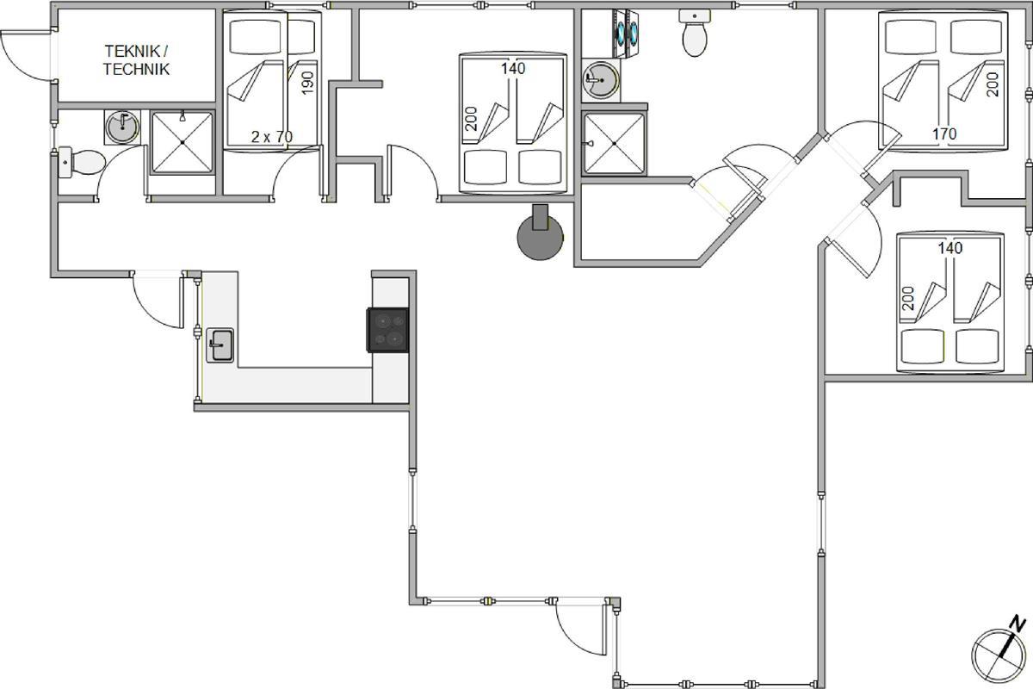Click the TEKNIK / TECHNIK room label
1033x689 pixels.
136,60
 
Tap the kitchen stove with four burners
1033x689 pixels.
388,330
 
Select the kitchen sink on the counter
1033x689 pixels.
220,344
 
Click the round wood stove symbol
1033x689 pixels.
540,236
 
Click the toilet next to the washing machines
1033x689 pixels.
695,34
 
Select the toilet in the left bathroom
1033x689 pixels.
82,162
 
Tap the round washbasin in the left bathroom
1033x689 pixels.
122,127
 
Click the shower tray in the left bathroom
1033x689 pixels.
182,143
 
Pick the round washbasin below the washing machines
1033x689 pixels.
601,80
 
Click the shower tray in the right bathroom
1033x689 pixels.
615,144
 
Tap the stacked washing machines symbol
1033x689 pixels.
626,34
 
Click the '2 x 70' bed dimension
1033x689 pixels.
272,137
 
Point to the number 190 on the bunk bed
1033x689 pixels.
307,83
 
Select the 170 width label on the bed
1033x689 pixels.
944,133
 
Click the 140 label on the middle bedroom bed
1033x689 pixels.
513,68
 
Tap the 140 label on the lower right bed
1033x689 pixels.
950,248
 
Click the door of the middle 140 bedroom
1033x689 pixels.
412,173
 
